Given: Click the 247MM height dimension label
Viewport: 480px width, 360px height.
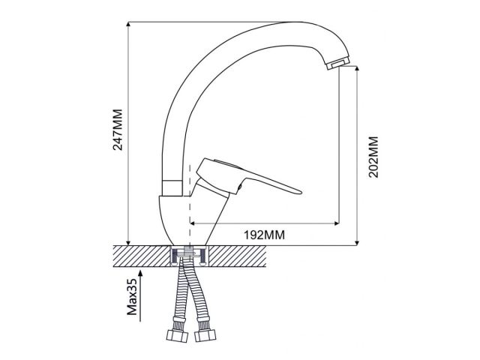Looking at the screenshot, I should point(117,133).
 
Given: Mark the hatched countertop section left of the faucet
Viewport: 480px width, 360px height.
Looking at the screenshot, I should point(139,256).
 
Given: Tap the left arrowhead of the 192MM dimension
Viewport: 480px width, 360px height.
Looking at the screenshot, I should point(193,223).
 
